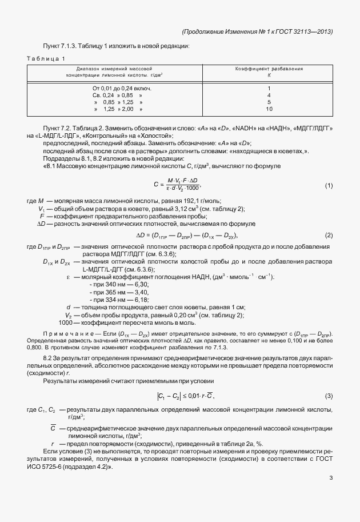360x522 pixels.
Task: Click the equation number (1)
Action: pos(329,186)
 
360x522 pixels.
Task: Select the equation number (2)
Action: pos(329,236)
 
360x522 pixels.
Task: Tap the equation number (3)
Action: pos(329,396)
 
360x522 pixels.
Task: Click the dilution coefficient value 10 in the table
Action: pos(269,109)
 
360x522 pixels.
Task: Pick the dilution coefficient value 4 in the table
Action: pos(269,95)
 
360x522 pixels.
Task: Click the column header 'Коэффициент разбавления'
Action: pos(269,69)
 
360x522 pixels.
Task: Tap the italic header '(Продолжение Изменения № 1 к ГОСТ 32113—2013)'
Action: pos(257,31)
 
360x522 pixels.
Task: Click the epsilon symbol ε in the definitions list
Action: pos(69,277)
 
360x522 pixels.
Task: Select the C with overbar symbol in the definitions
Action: pos(53,428)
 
